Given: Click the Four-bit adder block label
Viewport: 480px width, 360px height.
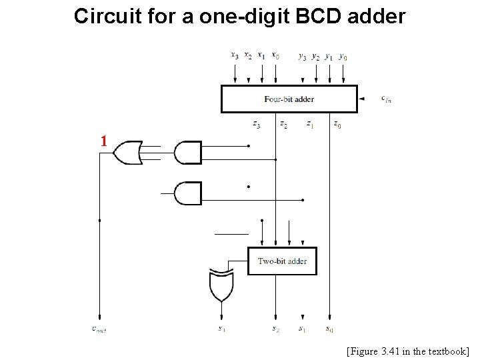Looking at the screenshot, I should click(289, 99).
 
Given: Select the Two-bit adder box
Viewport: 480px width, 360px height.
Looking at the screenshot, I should click(282, 261).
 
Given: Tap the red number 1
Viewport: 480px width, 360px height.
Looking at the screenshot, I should click(103, 141).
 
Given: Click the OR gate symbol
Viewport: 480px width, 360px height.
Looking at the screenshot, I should click(127, 153).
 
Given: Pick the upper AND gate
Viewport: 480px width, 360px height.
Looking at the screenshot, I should click(187, 153).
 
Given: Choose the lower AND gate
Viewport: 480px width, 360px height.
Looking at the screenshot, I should click(187, 194).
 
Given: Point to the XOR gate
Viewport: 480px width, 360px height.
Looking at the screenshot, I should click(220, 285).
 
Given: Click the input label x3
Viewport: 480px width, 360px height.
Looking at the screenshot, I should click(235, 56).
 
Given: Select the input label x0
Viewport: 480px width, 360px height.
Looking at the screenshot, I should click(275, 56).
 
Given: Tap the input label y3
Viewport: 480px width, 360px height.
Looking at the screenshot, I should click(302, 57).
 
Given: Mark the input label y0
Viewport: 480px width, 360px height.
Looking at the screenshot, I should click(343, 57).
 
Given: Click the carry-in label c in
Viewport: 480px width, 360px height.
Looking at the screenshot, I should click(386, 99).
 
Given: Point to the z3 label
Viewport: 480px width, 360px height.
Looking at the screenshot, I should click(257, 123).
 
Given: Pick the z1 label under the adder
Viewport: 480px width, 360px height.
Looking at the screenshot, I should click(310, 123).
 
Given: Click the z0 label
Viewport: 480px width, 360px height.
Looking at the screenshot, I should click(337, 123).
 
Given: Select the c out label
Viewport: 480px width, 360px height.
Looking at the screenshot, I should click(99, 329).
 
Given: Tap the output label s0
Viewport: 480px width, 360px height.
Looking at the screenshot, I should click(329, 329).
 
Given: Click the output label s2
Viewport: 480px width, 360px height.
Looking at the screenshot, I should click(275, 329).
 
